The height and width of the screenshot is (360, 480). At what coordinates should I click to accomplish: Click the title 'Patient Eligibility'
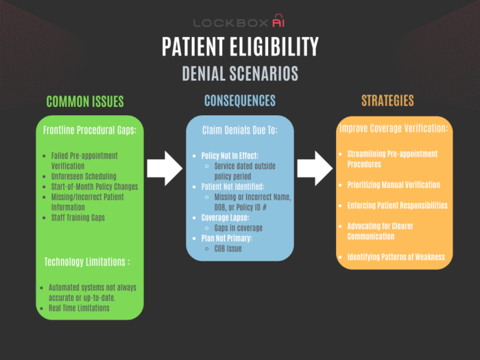(240, 46)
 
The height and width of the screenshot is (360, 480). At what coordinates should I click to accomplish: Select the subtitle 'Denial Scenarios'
(240, 73)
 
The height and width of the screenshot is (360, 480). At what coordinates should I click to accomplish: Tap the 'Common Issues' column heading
(85, 101)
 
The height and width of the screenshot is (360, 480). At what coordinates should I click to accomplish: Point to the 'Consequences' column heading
(240, 101)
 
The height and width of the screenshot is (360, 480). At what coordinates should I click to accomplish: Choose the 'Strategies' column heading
(387, 101)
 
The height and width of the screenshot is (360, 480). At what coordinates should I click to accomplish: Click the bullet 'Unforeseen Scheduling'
(84, 176)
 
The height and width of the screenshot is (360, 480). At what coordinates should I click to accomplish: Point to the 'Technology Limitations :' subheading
(87, 262)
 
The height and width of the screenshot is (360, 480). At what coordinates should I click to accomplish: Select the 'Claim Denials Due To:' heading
(240, 130)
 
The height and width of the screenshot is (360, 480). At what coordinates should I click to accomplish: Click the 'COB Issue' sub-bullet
(228, 249)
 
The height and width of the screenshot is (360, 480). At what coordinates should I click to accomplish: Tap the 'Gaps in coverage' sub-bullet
(239, 228)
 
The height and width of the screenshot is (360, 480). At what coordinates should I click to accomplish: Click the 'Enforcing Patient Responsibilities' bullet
(397, 206)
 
